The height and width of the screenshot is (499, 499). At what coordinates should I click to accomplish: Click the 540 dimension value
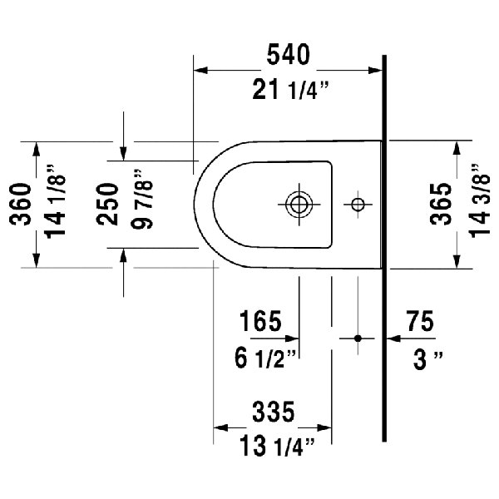coord(288,55)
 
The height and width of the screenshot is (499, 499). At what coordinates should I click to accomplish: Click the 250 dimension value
coord(106,205)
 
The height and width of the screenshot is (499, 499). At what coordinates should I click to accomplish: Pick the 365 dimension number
coord(441,205)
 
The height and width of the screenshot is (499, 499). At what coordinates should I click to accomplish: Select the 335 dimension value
coord(273,411)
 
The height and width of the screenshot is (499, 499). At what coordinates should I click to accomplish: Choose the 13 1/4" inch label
coord(273,447)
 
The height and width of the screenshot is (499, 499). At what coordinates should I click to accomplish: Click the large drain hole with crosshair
coord(297,204)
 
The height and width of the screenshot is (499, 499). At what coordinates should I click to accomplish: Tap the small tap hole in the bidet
coord(358,204)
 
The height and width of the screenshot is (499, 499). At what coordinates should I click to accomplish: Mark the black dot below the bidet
coord(358,338)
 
